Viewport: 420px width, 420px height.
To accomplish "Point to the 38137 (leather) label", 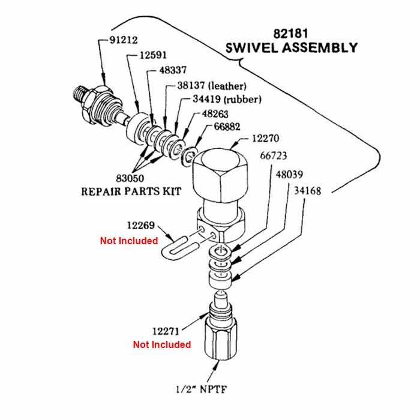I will [211, 86].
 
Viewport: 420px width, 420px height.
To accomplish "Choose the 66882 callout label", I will [229, 127].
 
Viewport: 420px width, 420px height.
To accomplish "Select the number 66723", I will [275, 155].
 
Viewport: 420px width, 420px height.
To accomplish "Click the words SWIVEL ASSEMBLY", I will [292, 47].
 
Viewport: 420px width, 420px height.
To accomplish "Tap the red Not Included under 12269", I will [128, 241].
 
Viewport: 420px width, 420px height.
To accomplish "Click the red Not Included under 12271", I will [162, 344].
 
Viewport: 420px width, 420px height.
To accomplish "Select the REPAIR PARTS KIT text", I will [131, 192].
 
